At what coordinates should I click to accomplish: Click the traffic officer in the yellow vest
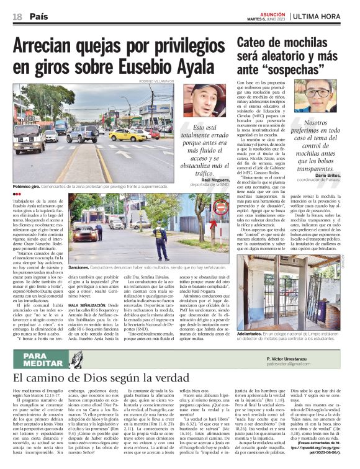(160, 239)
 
